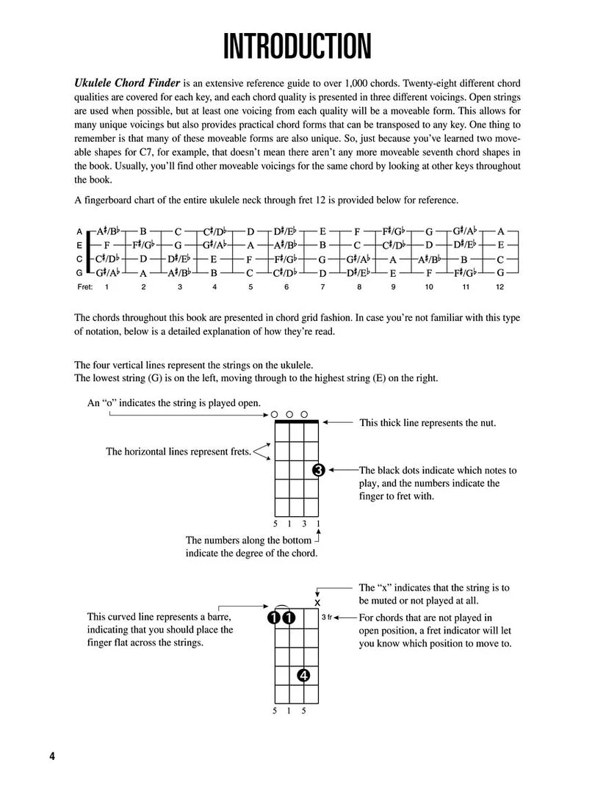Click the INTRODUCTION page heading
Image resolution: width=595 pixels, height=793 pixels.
click(x=297, y=46)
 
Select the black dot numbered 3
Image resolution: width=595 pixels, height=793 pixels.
click(x=318, y=470)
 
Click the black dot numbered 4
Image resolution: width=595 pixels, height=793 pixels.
click(x=304, y=676)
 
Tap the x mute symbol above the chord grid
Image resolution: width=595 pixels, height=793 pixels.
click(x=317, y=602)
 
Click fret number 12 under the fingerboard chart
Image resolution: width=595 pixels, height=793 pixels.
click(x=500, y=287)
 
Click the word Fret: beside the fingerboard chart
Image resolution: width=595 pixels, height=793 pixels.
click(x=84, y=287)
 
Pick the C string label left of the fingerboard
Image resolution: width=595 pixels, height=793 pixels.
click(x=79, y=258)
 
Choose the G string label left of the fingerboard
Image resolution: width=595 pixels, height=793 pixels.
click(x=79, y=272)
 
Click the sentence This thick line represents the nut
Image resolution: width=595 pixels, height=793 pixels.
click(x=427, y=423)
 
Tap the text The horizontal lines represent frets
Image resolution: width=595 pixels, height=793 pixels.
click(x=178, y=452)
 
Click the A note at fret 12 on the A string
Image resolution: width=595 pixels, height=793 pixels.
click(x=500, y=231)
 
